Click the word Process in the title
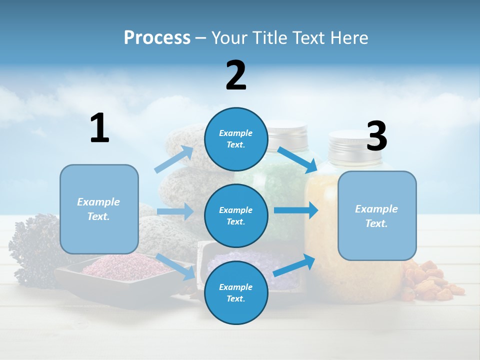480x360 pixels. tap(157, 37)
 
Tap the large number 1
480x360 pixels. tap(99, 128)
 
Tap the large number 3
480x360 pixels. tap(376, 136)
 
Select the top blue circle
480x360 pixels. tap(236, 139)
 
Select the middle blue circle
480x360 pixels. tap(236, 215)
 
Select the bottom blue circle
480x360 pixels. tap(236, 292)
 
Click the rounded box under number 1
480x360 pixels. tap(99, 209)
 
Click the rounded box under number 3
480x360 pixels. tap(377, 215)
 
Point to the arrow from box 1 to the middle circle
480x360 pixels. tap(175, 211)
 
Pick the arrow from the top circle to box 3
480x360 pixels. tap(297, 159)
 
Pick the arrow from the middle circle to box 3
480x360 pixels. tap(296, 210)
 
